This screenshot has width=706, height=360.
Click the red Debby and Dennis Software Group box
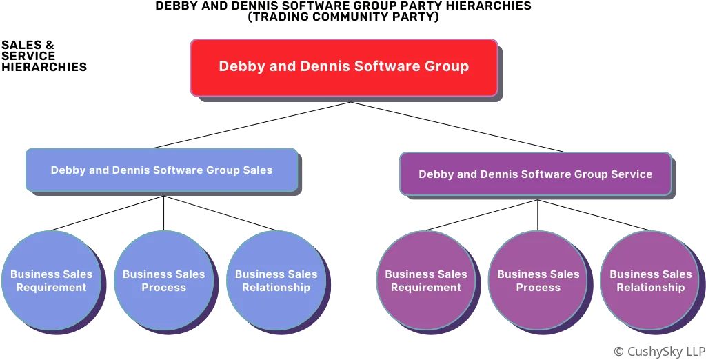pyautogui.click(x=343, y=67)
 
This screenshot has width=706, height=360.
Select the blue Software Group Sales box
pyautogui.click(x=161, y=170)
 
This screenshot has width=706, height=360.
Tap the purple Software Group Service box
pyautogui.click(x=535, y=174)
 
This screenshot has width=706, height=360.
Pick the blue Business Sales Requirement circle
pyautogui.click(x=51, y=281)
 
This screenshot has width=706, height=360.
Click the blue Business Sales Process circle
pyautogui.click(x=163, y=281)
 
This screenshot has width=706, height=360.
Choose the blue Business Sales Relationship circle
pyautogui.click(x=276, y=281)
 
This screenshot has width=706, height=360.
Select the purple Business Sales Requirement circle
pyautogui.click(x=425, y=281)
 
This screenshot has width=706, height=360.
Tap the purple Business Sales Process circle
pyautogui.click(x=538, y=281)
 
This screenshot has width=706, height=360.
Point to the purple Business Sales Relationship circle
pyautogui.click(x=650, y=281)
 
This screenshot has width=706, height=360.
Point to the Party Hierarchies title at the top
pyautogui.click(x=343, y=10)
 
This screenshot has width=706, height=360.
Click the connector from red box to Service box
pyautogui.click(x=455, y=126)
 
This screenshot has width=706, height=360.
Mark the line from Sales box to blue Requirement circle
pyautogui.click(x=107, y=212)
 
